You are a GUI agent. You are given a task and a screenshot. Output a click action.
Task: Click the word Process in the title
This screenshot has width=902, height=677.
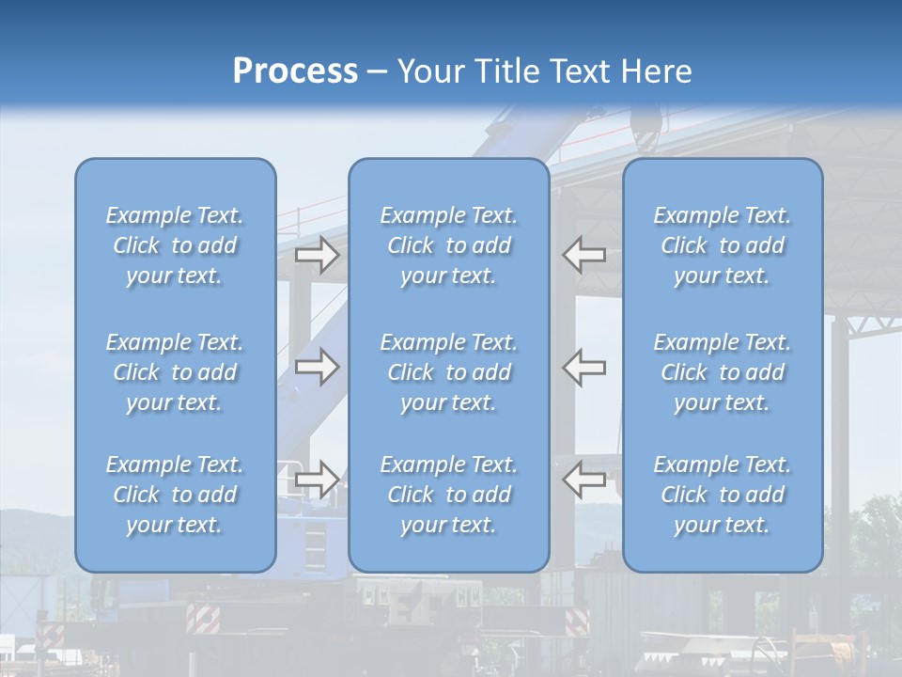click(x=295, y=71)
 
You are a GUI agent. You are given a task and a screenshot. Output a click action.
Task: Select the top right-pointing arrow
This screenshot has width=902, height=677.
click(x=317, y=255)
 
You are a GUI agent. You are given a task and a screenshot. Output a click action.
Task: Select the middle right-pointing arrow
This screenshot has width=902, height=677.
click(x=317, y=367)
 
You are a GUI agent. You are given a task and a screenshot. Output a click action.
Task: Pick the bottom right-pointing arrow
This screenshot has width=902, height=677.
click(x=317, y=479)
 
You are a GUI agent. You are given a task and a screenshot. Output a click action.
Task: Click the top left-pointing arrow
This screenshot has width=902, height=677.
click(x=583, y=255)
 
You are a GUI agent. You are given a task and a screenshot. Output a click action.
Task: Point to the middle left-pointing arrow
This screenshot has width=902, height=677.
click(x=583, y=367)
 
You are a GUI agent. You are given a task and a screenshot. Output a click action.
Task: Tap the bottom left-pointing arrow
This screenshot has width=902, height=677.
click(x=583, y=479)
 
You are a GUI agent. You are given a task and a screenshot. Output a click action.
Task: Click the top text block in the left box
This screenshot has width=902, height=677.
click(x=175, y=245)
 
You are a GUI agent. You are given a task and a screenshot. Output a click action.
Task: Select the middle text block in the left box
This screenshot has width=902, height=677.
click(x=175, y=372)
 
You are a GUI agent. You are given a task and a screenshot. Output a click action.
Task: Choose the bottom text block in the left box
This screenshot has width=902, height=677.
click(x=175, y=495)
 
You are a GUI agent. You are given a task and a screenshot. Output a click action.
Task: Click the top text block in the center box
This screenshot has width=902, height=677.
click(x=449, y=245)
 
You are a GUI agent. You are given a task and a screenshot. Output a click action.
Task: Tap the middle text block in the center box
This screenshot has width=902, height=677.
click(x=449, y=372)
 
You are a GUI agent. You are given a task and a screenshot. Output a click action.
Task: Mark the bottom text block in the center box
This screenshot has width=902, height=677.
click(x=449, y=495)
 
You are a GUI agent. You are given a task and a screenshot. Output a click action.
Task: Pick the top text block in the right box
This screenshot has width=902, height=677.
click(x=723, y=245)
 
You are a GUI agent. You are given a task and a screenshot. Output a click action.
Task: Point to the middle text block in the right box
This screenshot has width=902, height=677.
click(x=723, y=372)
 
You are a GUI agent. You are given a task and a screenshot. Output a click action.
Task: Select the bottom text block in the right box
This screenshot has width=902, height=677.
click(x=723, y=495)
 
